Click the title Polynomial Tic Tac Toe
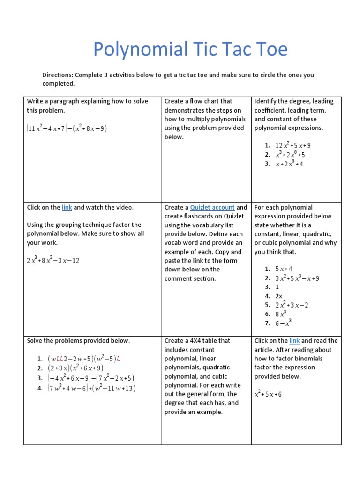tap(190, 49)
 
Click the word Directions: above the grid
tap(57, 75)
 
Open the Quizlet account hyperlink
tap(212, 207)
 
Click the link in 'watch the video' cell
tap(67, 207)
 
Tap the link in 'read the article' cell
tap(294, 341)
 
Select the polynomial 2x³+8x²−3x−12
tap(53, 260)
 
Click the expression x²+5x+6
tap(268, 395)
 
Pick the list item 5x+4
tap(284, 269)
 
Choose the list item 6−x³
tap(283, 323)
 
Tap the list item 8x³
tap(281, 314)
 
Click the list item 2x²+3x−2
tap(292, 305)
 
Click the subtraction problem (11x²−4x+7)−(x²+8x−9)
tap(67, 128)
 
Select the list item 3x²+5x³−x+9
tap(297, 278)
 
